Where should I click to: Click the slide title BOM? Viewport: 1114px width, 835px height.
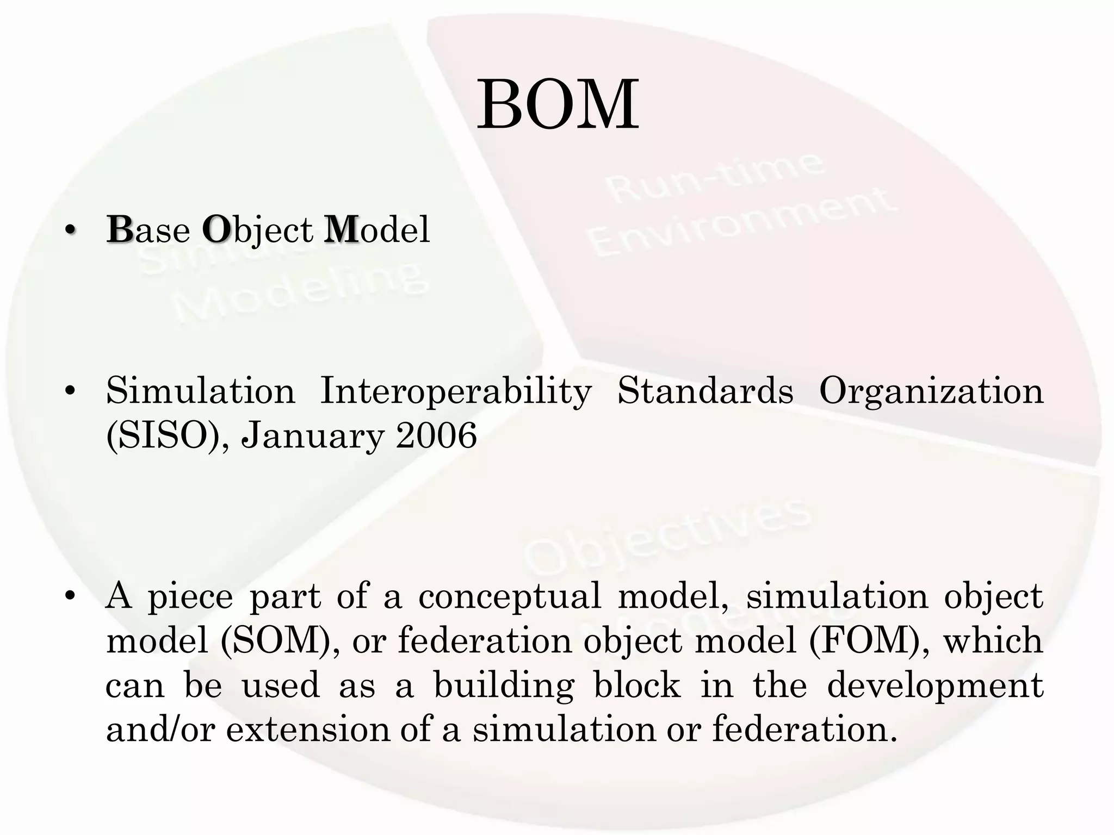click(558, 105)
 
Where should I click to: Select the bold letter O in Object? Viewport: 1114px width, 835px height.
click(215, 230)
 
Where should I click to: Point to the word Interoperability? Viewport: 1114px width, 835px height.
click(456, 391)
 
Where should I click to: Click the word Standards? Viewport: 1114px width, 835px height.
click(705, 391)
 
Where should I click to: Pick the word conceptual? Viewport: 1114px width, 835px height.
click(510, 596)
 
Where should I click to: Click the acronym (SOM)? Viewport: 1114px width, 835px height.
click(281, 640)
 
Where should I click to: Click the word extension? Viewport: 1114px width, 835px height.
click(308, 730)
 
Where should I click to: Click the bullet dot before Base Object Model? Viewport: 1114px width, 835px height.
click(69, 231)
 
